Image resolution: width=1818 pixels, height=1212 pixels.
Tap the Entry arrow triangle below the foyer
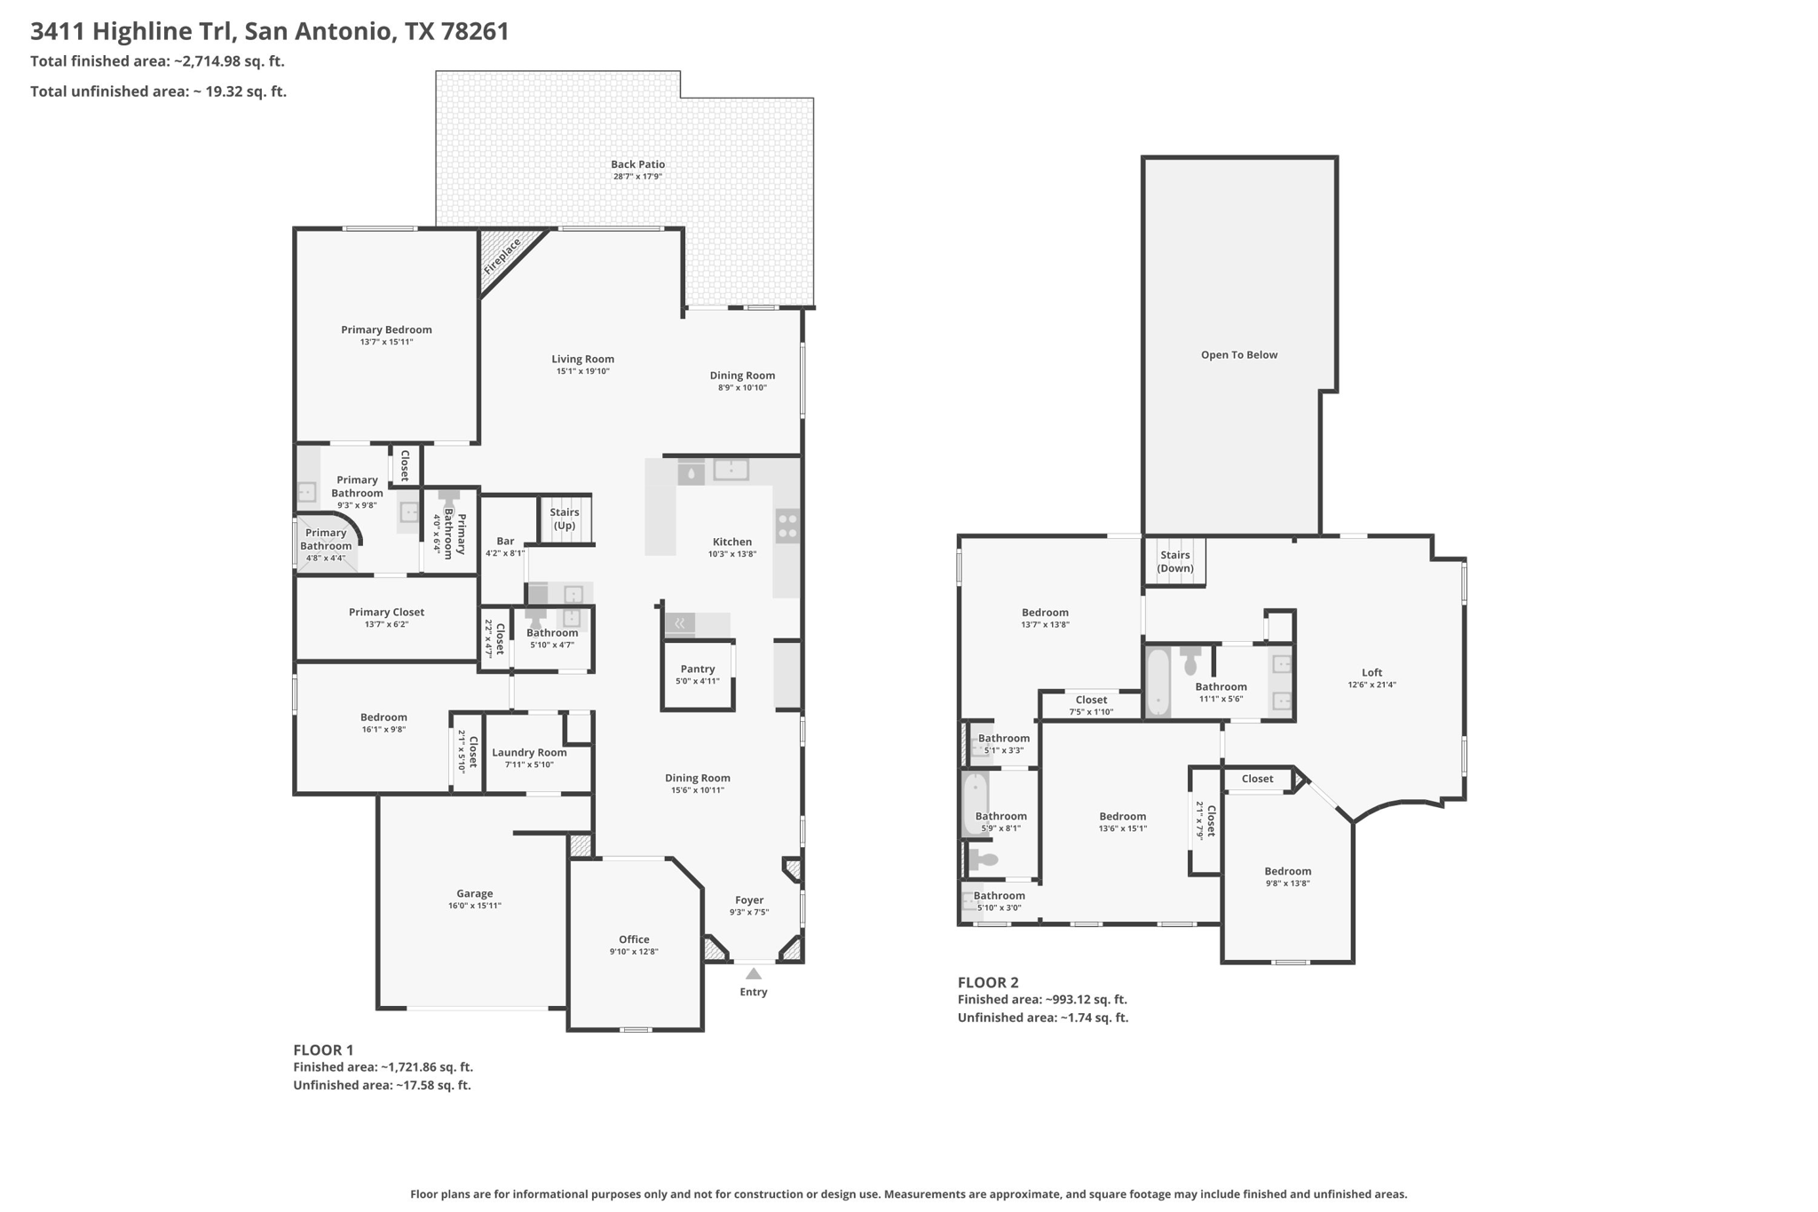(754, 974)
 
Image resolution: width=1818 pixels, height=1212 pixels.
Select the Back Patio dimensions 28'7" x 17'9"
(637, 177)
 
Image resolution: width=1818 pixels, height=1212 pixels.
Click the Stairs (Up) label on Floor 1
(565, 519)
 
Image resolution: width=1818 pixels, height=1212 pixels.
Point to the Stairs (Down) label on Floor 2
(1175, 562)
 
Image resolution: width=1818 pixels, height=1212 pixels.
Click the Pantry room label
(698, 669)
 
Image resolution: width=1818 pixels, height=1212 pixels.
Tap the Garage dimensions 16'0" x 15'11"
(475, 906)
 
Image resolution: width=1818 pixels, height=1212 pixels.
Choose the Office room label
(634, 939)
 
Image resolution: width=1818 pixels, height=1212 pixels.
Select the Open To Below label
(1239, 355)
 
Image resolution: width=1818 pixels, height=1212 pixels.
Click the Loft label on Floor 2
(1372, 672)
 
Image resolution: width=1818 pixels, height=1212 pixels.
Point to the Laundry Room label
(529, 752)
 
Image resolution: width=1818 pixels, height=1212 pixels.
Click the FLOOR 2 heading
(988, 982)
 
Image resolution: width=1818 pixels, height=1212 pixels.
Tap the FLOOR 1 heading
(323, 1050)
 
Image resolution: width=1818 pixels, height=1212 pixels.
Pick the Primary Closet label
(386, 612)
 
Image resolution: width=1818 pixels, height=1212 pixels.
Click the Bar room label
(505, 541)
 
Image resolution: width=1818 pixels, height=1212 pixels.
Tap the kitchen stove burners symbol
(787, 525)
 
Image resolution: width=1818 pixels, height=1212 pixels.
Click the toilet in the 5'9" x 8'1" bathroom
(982, 859)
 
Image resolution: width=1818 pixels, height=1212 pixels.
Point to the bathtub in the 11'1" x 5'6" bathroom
(1158, 683)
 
